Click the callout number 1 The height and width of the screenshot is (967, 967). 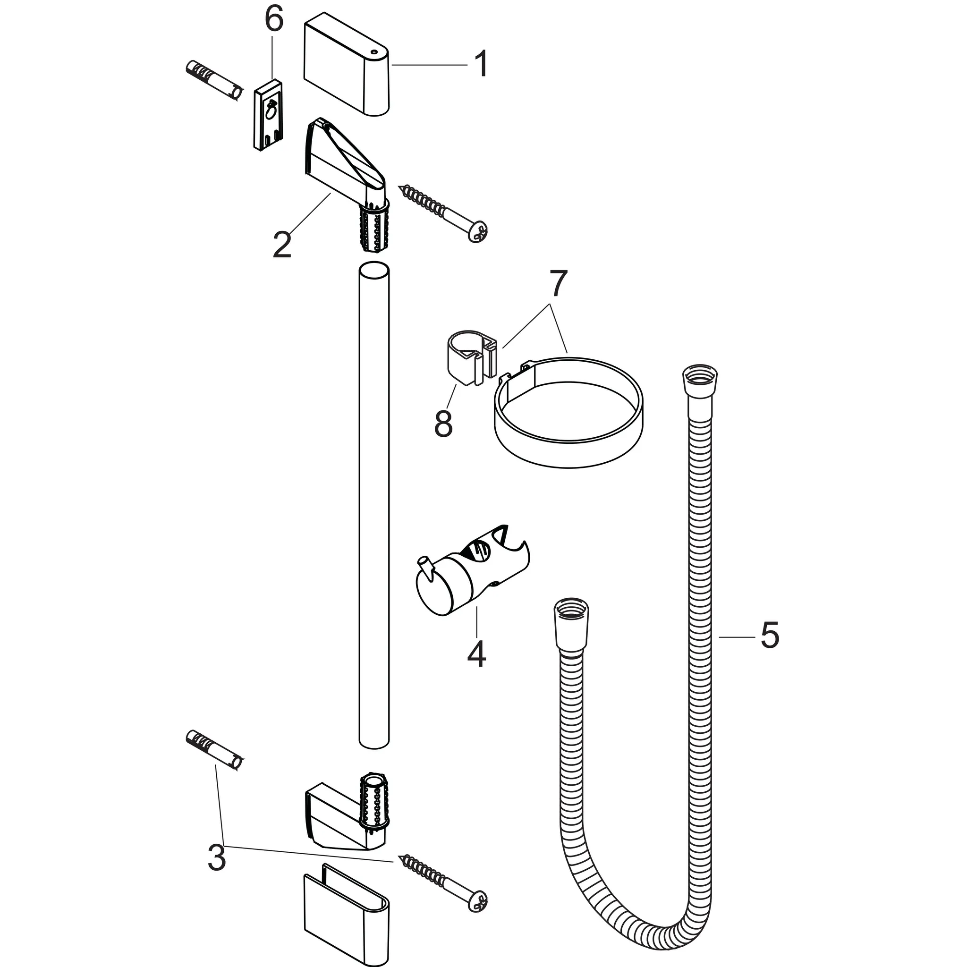pyautogui.click(x=481, y=64)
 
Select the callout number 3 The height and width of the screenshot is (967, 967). pyautogui.click(x=217, y=857)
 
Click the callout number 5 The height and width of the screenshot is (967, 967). pyautogui.click(x=769, y=636)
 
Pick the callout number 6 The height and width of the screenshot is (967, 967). pyautogui.click(x=274, y=21)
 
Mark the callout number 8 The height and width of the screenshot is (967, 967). pyautogui.click(x=443, y=424)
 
